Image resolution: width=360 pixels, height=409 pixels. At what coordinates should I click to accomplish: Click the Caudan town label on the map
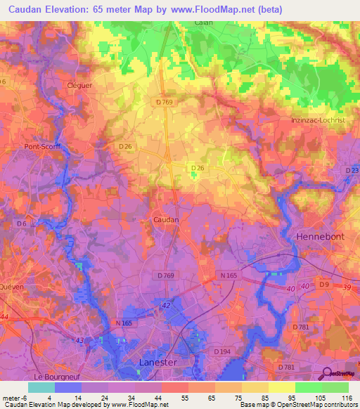click(166, 220)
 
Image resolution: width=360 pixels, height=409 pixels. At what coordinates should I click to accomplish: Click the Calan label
click(204, 22)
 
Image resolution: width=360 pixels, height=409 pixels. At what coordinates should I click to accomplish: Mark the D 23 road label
click(352, 170)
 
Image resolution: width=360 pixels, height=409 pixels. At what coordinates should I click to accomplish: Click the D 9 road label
click(323, 284)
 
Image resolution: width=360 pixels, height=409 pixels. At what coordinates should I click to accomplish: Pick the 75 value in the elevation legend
click(228, 398)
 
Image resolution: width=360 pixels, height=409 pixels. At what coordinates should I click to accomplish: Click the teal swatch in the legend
click(41, 387)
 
